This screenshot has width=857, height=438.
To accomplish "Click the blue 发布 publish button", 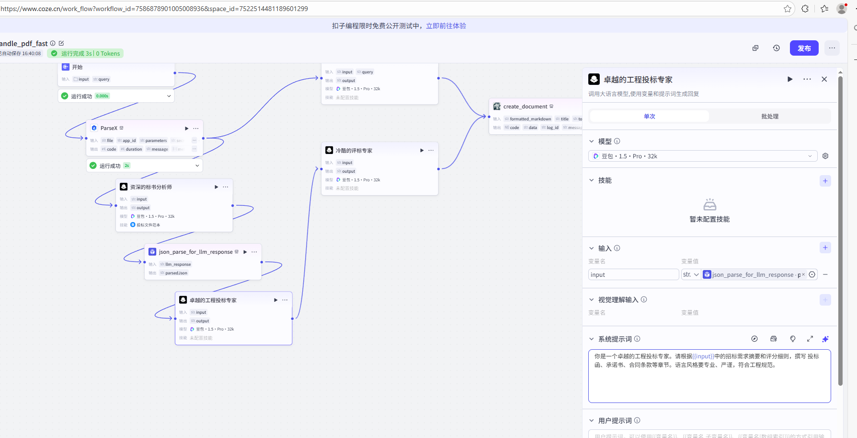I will coord(804,48).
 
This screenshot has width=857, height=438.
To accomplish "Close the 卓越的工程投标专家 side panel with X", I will coord(824,79).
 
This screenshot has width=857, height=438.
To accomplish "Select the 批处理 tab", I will coord(769,117).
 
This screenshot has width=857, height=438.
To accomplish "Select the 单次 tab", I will coord(649,117).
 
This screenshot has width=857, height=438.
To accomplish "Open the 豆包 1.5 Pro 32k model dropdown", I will coord(702,156).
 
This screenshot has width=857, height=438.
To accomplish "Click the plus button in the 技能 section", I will coord(825,181).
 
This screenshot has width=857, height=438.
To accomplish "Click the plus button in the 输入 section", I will coord(825,248).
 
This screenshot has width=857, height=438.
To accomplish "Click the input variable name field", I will coord(633,275).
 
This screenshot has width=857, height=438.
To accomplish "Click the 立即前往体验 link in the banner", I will coord(446,26).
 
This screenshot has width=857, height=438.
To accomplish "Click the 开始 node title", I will coord(77,67).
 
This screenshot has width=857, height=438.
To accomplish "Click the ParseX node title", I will coord(109,128).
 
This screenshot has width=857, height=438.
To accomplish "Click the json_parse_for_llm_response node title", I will coord(195,252).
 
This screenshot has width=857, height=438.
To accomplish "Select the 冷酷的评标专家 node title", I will coord(354,151).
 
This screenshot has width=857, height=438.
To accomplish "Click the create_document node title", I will coord(525,107).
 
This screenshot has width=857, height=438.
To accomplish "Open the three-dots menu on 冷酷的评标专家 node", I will coord(431,151).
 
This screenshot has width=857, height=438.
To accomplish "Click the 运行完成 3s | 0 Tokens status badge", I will coord(86,54).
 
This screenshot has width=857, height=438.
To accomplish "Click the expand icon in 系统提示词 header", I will coord(810,339).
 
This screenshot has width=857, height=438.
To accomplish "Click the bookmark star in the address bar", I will coord(788,9).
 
